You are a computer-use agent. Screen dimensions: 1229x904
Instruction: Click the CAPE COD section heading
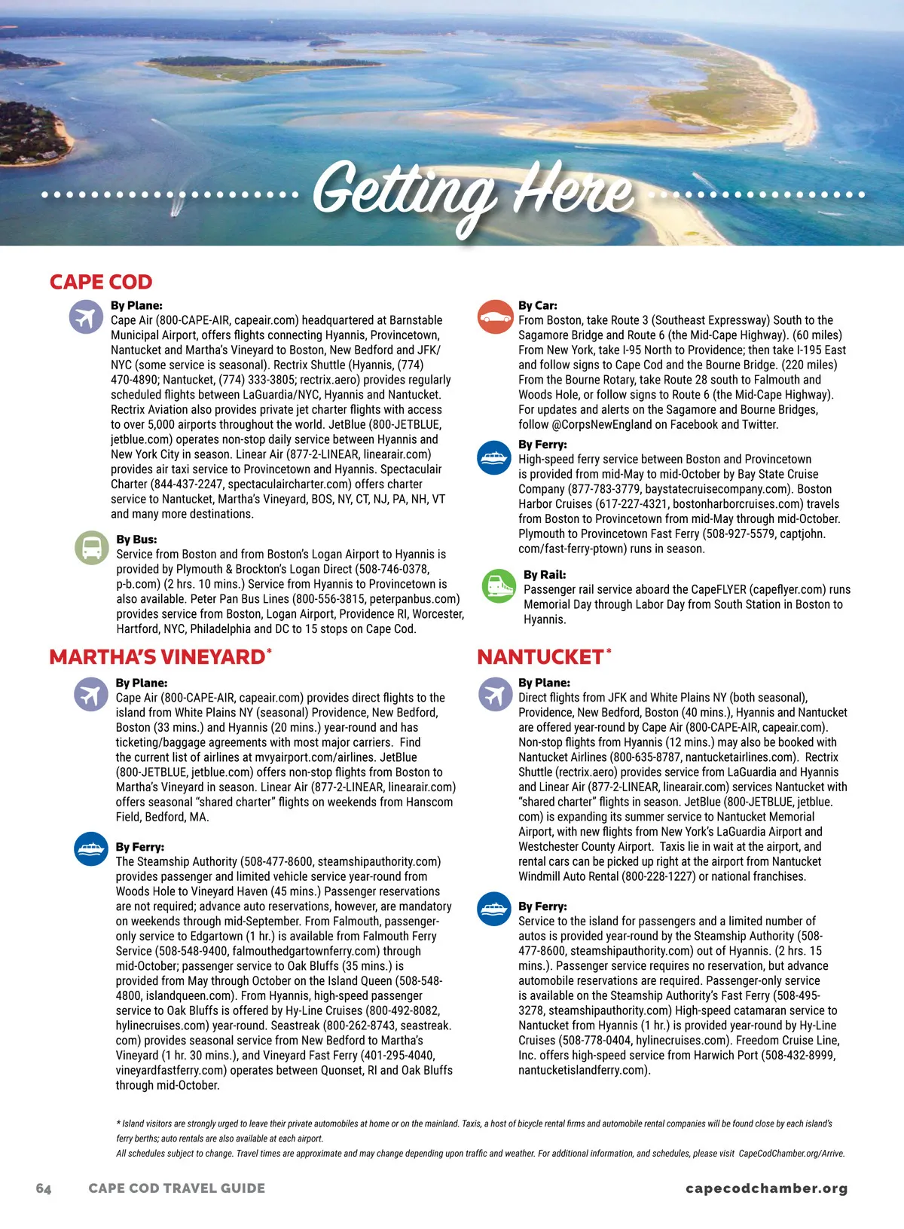coord(101,282)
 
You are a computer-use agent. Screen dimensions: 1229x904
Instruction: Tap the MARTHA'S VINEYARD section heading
coord(157,657)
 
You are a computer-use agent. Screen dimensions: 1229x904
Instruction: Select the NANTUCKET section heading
coord(540,657)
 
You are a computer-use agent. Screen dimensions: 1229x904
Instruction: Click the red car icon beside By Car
coord(494,316)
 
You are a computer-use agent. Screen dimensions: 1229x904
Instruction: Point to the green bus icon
coord(92,547)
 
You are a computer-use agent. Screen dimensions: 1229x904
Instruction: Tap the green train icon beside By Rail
coord(498,585)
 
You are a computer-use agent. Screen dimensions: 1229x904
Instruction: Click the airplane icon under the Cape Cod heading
coord(86,316)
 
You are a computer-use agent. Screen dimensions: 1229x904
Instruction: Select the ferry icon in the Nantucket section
coord(494,909)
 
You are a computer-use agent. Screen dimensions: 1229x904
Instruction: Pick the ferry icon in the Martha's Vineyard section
coord(91,848)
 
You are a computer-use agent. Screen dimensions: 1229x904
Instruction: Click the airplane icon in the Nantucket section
coord(495,694)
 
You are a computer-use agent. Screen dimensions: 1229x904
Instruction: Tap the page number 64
coord(44,1188)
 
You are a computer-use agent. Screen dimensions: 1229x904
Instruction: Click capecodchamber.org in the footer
coord(766,1188)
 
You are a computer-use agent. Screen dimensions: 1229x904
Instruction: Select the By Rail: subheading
coord(545,574)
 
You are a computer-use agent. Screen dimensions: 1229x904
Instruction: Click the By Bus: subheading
coord(136,540)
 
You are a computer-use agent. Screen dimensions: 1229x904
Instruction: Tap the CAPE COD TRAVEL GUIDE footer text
coord(176,1188)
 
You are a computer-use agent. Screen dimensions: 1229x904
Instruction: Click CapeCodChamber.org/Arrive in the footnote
coord(791,1153)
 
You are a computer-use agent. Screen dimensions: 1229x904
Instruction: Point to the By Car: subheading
coord(538,305)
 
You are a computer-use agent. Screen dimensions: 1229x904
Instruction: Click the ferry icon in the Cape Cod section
coord(494,457)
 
